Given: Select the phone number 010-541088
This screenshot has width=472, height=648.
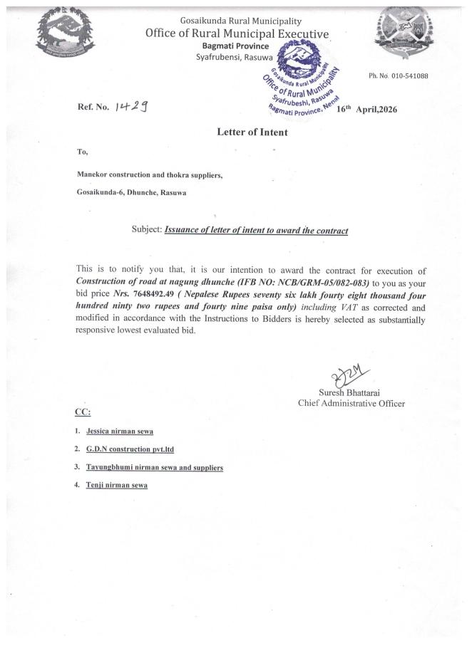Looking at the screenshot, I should point(398,76).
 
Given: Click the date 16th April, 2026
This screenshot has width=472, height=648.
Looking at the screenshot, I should point(366,109).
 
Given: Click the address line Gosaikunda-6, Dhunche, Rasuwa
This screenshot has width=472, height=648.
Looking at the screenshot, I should point(133,192).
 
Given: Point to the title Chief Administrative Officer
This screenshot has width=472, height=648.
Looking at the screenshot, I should point(351,404).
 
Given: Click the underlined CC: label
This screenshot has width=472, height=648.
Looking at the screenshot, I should point(83,412).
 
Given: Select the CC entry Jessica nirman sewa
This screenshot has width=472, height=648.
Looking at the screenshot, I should point(120,432).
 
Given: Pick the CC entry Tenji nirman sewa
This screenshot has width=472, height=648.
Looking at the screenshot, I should point(117,485).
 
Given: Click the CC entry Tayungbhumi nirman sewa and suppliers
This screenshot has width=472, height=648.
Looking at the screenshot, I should point(155,467).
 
